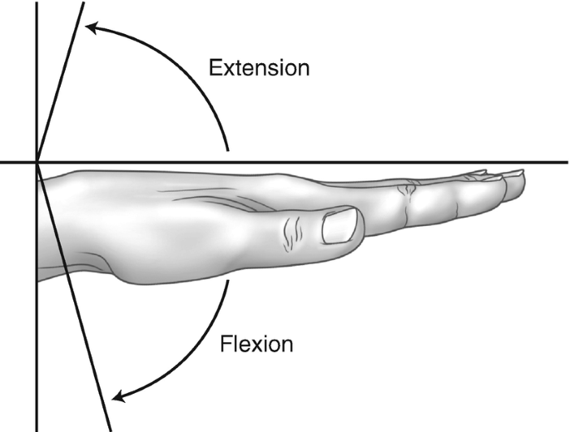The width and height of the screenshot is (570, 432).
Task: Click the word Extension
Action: pos(259,66)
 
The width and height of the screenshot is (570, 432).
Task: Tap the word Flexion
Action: pos(256,341)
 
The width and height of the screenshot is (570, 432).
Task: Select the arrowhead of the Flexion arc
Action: pos(120,395)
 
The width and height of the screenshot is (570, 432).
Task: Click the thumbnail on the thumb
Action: pos(339,226)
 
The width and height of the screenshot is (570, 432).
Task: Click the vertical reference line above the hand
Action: pos(37,83)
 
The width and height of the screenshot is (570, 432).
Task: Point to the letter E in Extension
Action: pos(215,66)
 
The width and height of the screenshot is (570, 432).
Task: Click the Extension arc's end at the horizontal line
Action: pos(227,152)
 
